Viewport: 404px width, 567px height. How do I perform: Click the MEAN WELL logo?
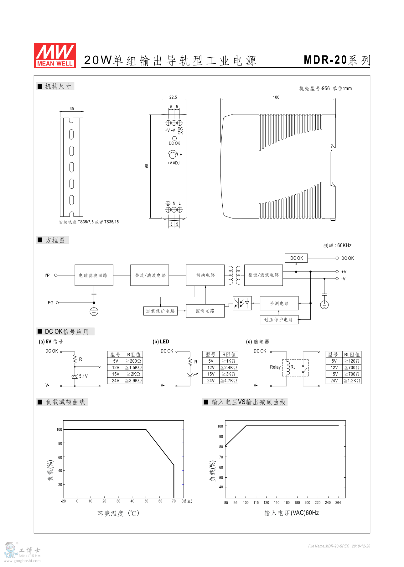[x=55, y=55]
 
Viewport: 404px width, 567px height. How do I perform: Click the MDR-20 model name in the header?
[x=325, y=60]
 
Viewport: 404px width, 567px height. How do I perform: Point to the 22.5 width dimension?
[x=173, y=97]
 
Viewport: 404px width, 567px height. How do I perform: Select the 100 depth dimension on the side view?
[x=276, y=97]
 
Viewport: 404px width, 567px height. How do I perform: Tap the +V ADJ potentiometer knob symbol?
[x=173, y=155]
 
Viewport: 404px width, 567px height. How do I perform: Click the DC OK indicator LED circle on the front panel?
[x=174, y=138]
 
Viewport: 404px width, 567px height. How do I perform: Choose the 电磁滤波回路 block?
[x=94, y=275]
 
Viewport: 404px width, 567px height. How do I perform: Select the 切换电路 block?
[x=205, y=275]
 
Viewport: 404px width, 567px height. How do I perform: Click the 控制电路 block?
[x=205, y=311]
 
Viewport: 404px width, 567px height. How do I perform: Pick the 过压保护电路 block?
[x=279, y=320]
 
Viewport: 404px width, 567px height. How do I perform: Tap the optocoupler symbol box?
[x=242, y=303]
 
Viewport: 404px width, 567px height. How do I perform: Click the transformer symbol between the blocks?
[x=234, y=275]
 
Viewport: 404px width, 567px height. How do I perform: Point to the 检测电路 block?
[x=279, y=303]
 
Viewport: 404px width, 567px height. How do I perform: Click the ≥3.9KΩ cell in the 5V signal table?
[x=133, y=381]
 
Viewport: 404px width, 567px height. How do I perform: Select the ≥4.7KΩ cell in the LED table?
[x=229, y=381]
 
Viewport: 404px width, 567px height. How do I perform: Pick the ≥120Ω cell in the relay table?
[x=352, y=361]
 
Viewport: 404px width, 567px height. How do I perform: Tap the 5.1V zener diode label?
[x=83, y=376]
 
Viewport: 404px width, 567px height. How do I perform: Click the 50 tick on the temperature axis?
[x=146, y=501]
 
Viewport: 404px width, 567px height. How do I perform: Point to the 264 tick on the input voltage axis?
[x=338, y=503]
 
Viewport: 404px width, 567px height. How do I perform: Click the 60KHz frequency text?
[x=344, y=245]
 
